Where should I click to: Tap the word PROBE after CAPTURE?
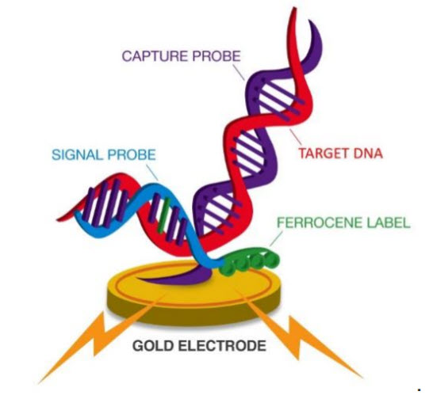click(216, 56)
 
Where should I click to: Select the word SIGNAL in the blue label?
click(78, 154)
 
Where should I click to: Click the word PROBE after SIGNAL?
click(132, 154)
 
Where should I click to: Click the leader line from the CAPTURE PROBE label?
click(239, 72)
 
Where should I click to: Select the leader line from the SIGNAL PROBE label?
click(152, 173)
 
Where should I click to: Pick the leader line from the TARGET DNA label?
click(296, 136)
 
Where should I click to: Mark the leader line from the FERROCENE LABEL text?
click(276, 238)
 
